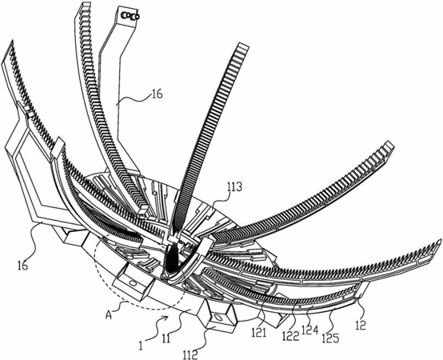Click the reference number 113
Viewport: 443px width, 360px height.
click(233, 187)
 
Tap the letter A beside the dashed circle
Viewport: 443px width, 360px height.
click(110, 314)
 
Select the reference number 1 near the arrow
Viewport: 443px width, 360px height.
click(141, 345)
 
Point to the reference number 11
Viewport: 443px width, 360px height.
click(166, 338)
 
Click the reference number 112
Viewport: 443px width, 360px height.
click(190, 354)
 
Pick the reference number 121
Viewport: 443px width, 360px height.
click(259, 333)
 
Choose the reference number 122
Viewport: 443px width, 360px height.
click(291, 336)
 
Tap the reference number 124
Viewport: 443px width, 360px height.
click(310, 330)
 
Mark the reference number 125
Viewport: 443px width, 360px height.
click(330, 338)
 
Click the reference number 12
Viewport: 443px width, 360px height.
click(361, 325)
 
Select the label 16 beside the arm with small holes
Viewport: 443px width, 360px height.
click(157, 94)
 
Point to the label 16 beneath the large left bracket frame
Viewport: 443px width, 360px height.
click(22, 265)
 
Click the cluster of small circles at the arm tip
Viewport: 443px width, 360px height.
click(130, 16)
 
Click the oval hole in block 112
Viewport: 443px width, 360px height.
click(218, 318)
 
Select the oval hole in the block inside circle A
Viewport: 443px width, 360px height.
click(133, 283)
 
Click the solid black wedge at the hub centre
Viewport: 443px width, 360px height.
click(171, 258)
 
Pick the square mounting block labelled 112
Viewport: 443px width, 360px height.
click(218, 316)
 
